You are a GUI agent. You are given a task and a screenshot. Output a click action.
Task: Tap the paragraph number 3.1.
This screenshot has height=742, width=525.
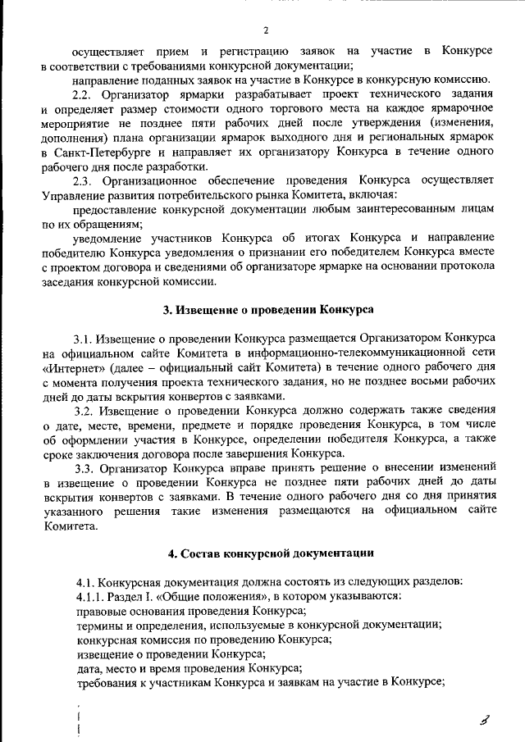point(85,338)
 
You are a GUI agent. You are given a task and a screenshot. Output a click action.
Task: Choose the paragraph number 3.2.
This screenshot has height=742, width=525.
point(85,410)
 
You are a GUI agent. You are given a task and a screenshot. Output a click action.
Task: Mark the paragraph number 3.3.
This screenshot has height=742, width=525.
point(85,468)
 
